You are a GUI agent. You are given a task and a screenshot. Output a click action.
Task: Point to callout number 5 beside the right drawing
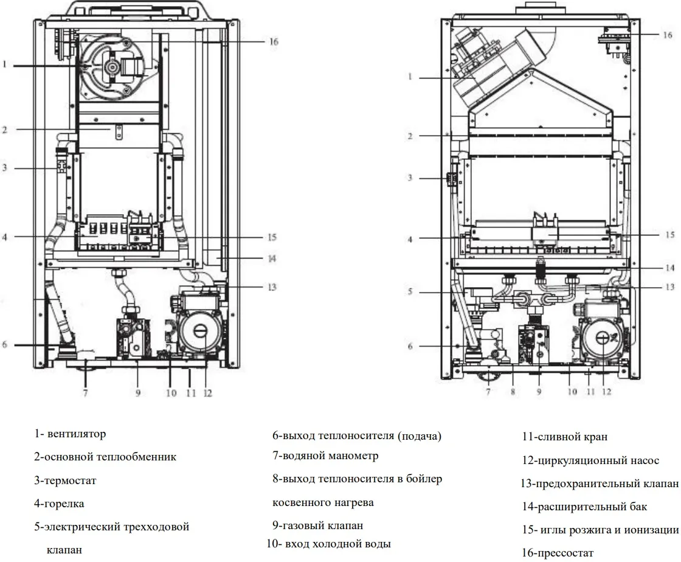click(x=410, y=292)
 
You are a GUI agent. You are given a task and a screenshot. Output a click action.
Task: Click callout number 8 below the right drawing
click(x=513, y=392)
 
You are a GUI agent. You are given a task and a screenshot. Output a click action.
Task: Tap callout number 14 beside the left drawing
click(x=271, y=258)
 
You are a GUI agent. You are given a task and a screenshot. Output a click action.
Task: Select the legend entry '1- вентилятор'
click(x=70, y=434)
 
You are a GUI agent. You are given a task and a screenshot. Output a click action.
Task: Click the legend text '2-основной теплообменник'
click(x=105, y=457)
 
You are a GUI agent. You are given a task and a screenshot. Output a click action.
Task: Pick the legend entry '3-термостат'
click(x=65, y=480)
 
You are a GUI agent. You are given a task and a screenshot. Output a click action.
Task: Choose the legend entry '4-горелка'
click(x=59, y=504)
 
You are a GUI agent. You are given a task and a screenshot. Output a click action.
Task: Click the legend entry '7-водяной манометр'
click(x=325, y=456)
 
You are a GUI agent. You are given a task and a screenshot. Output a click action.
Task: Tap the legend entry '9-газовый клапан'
click(x=317, y=526)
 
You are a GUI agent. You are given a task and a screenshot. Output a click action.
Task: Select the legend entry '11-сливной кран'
click(x=564, y=437)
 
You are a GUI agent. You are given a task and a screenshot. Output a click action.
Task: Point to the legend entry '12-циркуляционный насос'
click(x=590, y=460)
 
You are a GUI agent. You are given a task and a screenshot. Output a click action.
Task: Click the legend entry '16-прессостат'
click(x=558, y=553)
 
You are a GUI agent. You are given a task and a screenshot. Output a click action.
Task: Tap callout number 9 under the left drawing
click(x=138, y=393)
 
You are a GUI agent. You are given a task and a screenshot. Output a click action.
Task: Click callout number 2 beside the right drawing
click(x=410, y=136)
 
